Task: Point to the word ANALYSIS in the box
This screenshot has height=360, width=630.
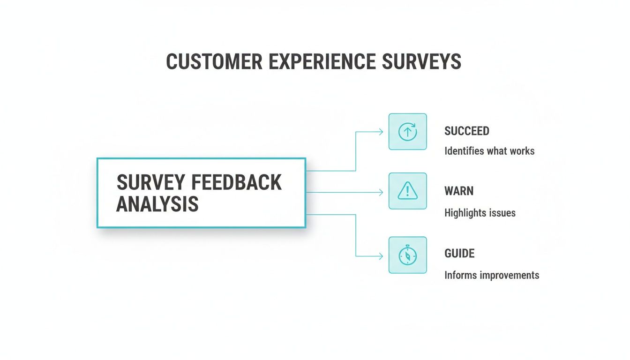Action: click(x=157, y=204)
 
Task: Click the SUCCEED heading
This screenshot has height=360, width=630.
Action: click(x=466, y=131)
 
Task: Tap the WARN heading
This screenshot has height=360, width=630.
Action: click(x=459, y=191)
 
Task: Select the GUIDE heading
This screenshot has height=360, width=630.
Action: click(x=459, y=254)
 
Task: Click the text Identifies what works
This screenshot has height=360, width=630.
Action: click(x=489, y=151)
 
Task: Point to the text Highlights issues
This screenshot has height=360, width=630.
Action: click(x=480, y=213)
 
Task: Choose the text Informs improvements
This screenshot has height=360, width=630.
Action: click(x=492, y=275)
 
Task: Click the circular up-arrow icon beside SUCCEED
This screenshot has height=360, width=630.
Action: click(x=407, y=132)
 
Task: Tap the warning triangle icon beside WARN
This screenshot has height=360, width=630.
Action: click(x=407, y=191)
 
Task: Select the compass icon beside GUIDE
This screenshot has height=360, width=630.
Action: click(x=407, y=255)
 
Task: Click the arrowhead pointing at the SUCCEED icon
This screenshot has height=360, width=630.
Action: click(x=381, y=132)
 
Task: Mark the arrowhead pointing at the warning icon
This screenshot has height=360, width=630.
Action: click(x=381, y=192)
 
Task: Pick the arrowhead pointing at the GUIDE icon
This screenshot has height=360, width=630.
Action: click(x=381, y=256)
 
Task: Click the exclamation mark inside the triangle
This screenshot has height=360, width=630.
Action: click(x=408, y=190)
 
